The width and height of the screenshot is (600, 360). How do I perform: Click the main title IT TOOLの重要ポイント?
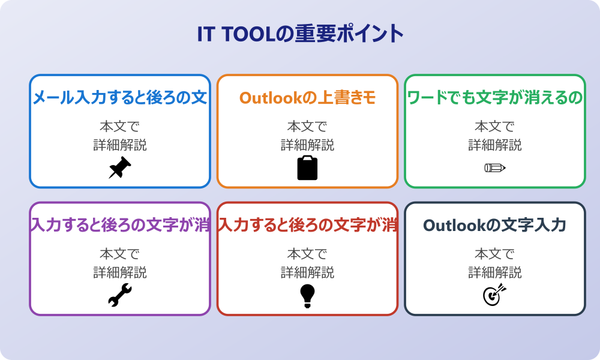click(x=301, y=34)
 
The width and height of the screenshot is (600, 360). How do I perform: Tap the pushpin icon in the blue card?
click(x=120, y=167)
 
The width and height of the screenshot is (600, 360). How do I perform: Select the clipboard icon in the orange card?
click(x=307, y=167)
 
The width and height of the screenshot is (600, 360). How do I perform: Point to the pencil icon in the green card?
click(x=495, y=167)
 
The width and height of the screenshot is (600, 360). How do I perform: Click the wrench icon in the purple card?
click(x=120, y=295)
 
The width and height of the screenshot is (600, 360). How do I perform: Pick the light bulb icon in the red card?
click(x=307, y=296)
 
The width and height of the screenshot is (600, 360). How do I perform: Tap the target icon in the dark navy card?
click(x=495, y=295)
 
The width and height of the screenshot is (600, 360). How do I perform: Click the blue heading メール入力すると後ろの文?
click(x=120, y=98)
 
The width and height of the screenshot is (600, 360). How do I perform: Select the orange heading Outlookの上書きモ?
click(x=307, y=98)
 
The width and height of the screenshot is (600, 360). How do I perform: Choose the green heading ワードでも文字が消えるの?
click(x=495, y=98)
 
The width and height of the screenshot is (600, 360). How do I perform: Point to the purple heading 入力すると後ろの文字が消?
click(x=120, y=225)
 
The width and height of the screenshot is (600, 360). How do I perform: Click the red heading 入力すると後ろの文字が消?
click(x=308, y=225)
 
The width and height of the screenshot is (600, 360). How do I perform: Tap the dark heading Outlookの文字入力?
click(x=495, y=226)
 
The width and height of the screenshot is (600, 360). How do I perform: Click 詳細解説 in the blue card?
click(x=120, y=145)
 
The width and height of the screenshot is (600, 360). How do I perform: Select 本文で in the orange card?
click(x=307, y=126)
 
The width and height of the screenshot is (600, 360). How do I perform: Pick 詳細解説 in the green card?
click(x=495, y=145)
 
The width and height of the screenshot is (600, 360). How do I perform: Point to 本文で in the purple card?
click(x=120, y=254)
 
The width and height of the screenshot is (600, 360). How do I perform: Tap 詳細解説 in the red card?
click(x=307, y=272)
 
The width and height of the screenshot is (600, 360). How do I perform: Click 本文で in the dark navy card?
click(x=495, y=254)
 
